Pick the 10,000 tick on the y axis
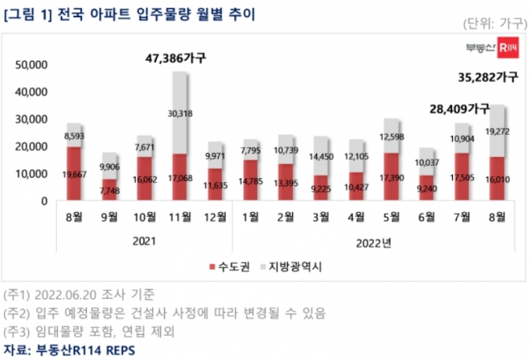pyautogui.click(x=29, y=173)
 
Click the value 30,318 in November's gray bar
pyautogui.click(x=179, y=113)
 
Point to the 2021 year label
pyautogui.click(x=144, y=241)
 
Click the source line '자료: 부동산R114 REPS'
pyautogui.click(x=69, y=349)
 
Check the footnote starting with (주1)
pyautogui.click(x=78, y=294)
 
